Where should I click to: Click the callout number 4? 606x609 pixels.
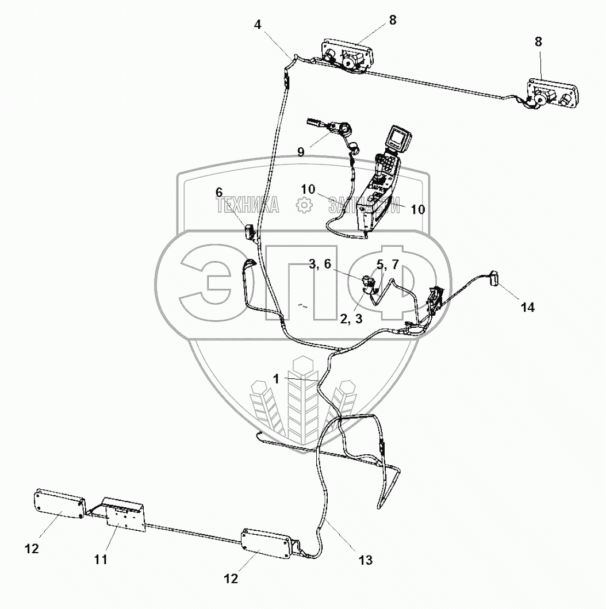(x=258, y=25)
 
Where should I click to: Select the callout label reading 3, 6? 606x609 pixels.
(x=320, y=264)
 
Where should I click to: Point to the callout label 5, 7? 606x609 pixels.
(x=387, y=264)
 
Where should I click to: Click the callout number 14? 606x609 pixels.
(x=527, y=308)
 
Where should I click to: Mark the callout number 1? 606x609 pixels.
(x=277, y=378)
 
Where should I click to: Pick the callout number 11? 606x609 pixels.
(x=101, y=558)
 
